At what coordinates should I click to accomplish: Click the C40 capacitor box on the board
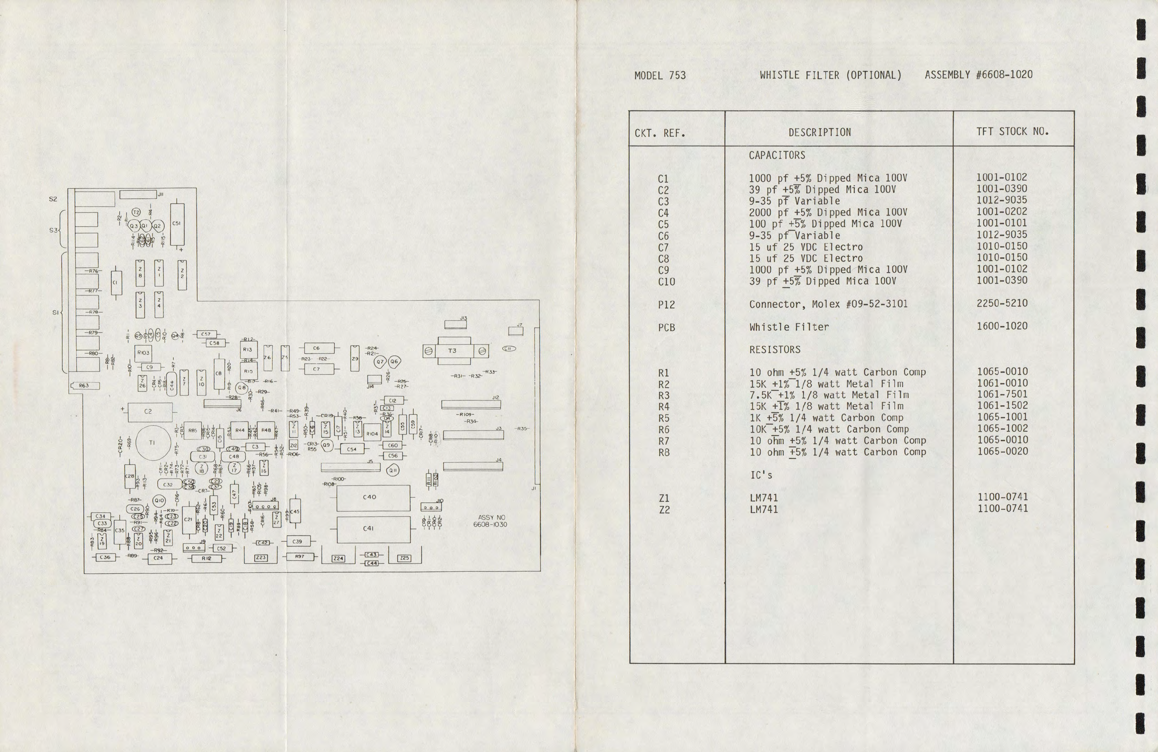373,497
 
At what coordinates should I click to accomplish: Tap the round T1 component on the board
152,443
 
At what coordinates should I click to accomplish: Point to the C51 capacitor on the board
177,224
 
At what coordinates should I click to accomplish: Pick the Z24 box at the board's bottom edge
338,558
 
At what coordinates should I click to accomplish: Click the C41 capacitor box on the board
373,529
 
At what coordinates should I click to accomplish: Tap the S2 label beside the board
53,199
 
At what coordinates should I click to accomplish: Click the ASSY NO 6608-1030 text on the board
490,521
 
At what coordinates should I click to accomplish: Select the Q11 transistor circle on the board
392,470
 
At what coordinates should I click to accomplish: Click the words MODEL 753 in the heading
660,76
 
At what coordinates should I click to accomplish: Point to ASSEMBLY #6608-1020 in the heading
978,75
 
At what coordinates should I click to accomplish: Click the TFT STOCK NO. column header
1013,131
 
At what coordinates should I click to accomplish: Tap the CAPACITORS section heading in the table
776,156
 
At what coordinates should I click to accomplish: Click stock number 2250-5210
1002,303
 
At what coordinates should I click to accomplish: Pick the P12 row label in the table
666,305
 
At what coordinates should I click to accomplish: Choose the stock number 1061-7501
1002,394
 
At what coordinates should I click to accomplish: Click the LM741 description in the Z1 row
764,498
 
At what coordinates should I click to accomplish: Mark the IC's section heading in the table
761,475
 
